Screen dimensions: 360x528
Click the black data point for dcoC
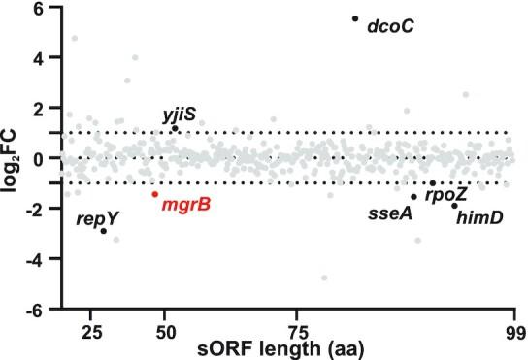[355, 18]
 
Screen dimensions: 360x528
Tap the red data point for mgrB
[154, 194]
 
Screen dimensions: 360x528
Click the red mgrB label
[187, 205]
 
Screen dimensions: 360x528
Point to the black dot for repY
[104, 231]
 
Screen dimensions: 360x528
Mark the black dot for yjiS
[175, 128]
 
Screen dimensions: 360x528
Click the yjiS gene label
[180, 115]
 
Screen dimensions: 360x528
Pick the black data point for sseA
[413, 197]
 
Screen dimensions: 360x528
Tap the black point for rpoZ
[433, 183]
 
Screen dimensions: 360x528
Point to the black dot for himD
[454, 206]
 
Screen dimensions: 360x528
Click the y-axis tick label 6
[37, 8]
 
